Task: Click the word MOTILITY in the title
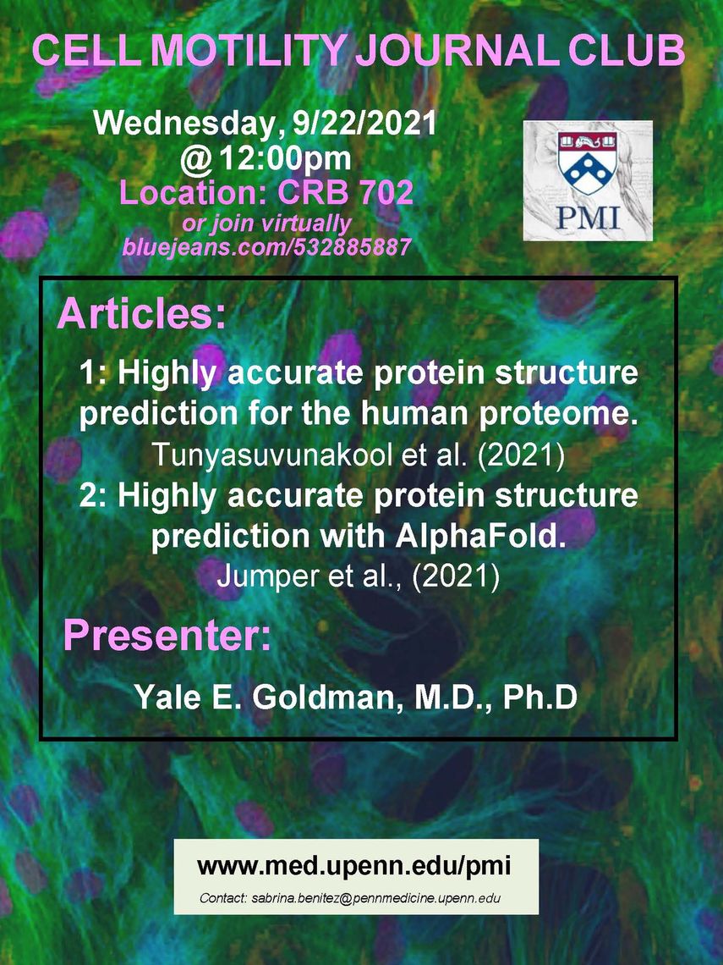(247, 50)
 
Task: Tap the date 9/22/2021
(364, 123)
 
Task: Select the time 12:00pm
(285, 158)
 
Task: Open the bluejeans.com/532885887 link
(266, 247)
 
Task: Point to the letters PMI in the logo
(588, 218)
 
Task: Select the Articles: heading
(141, 313)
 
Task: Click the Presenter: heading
(167, 635)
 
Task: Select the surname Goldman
(328, 697)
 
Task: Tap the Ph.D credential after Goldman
(540, 697)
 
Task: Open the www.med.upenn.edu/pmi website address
(354, 865)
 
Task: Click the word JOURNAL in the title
(457, 50)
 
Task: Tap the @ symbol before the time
(197, 159)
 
